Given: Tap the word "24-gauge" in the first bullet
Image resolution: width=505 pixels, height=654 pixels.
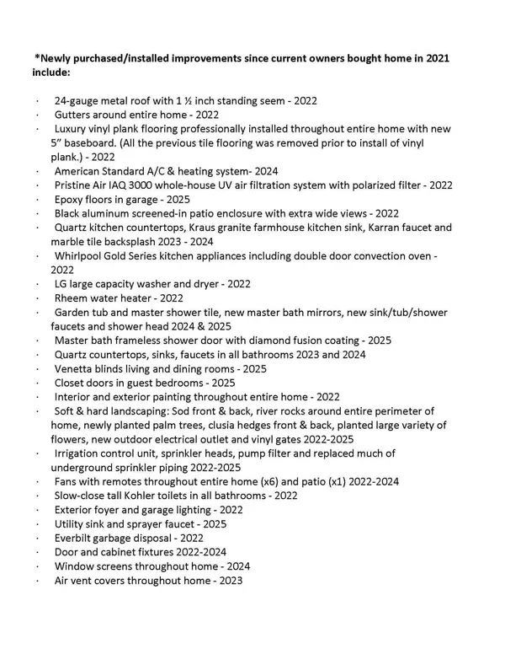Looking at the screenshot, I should coord(77,100).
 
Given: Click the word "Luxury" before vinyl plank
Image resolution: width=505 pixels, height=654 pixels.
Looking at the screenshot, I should coord(72,129).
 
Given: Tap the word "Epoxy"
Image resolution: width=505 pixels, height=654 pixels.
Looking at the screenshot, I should coord(71,200).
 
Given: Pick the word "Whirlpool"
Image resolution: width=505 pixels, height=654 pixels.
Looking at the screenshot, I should coord(82,255).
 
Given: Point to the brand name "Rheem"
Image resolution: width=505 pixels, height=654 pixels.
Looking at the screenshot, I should coord(72,298).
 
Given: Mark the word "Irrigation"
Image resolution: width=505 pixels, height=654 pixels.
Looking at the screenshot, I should coord(80,453).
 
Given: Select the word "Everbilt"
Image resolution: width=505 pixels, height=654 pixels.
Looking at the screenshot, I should coord(76,538).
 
